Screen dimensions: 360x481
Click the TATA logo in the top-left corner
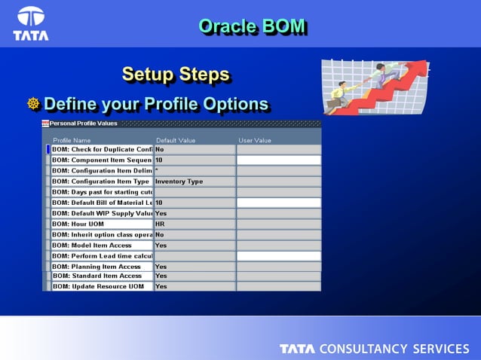31,23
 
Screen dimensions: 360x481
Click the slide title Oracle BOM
252,26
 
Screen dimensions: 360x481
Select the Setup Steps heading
176,75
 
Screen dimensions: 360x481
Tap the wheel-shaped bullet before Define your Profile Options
33,104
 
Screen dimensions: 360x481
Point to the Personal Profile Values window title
84,124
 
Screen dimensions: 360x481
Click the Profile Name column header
72,140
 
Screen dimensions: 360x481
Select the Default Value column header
176,140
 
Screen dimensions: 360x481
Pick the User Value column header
255,140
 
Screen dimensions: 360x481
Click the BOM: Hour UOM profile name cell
102,224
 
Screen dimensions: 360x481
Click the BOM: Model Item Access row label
102,246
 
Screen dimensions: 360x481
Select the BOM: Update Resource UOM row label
102,286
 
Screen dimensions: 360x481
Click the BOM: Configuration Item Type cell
102,182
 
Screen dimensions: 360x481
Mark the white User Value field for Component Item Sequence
278,160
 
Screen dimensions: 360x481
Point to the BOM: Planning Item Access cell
102,267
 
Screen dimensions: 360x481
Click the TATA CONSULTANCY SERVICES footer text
374,349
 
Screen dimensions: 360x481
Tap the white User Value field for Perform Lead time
278,256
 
